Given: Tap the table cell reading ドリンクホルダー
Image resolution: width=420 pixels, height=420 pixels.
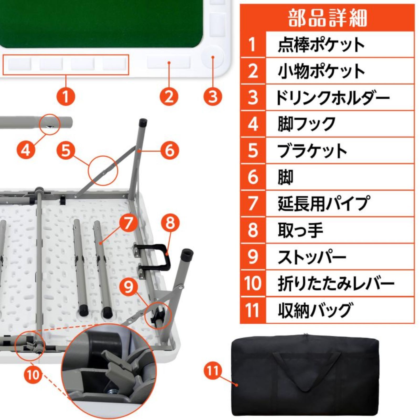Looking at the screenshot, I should (332, 98).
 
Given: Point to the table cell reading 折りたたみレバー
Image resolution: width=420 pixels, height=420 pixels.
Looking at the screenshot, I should (336, 283).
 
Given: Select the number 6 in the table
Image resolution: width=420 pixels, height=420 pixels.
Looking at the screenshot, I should (253, 177).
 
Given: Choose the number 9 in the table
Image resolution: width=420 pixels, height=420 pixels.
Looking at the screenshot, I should (253, 256).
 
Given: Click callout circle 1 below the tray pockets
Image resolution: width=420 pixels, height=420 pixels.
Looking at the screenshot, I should (66, 96).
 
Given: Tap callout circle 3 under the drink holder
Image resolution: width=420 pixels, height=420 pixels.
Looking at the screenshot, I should (213, 96).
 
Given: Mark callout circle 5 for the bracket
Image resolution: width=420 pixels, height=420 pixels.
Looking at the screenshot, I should (66, 150).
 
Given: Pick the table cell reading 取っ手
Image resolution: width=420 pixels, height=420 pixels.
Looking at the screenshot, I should (300, 230).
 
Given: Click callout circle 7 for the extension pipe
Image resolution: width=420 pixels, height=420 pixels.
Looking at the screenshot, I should (128, 223).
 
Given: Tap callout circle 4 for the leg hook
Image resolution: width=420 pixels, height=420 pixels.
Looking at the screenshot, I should (25, 150).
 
